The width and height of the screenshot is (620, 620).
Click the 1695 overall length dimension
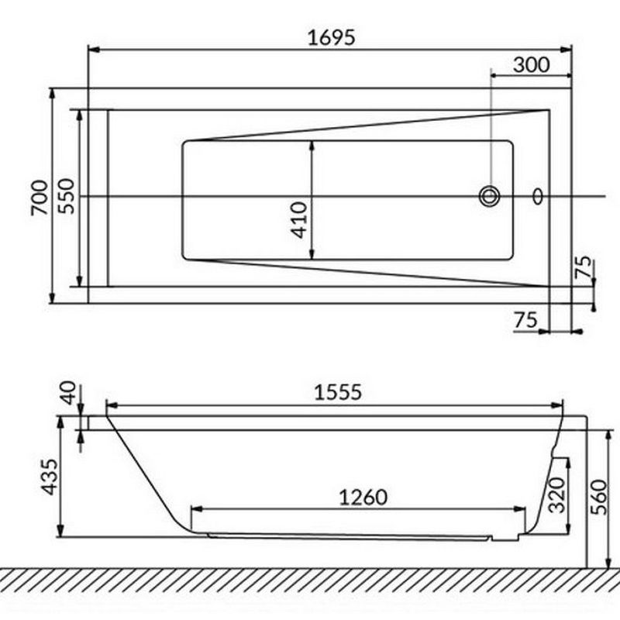332,38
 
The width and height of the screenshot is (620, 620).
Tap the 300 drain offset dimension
531,65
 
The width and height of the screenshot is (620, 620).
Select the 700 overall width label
40,198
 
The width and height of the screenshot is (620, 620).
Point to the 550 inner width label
67,196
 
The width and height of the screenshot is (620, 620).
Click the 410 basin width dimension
299,220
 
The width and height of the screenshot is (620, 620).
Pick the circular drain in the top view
490,196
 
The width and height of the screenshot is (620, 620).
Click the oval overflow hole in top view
538,196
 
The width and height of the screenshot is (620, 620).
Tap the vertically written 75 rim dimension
584,267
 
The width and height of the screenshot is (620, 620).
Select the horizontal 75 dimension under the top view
525,320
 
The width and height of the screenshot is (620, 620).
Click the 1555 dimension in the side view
338,393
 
